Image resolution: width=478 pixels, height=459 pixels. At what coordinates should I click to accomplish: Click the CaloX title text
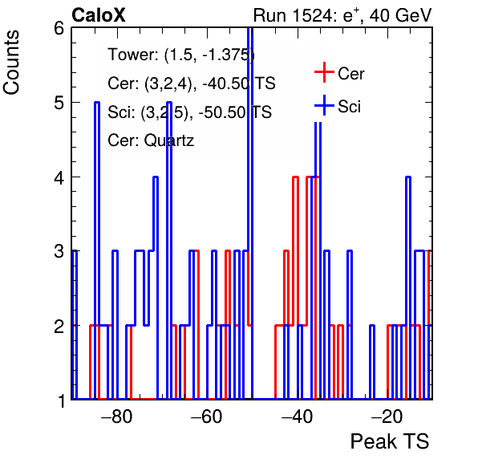[99, 15]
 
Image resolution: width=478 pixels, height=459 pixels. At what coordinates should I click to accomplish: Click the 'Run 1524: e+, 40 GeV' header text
[342, 15]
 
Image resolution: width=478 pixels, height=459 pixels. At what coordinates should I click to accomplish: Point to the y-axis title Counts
[11, 63]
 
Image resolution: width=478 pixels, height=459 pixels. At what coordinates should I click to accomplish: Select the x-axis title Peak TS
[390, 441]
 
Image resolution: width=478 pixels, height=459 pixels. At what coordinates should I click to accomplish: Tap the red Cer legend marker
[324, 72]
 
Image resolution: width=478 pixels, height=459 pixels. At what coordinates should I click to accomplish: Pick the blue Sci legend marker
[324, 105]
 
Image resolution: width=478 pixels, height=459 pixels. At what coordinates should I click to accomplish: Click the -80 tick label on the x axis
[117, 416]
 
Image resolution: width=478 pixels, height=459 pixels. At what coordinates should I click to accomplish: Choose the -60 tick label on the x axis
[207, 416]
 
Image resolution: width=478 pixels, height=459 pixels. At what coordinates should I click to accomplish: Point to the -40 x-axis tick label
[297, 416]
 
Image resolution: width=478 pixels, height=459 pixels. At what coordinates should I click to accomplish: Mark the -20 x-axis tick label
[387, 416]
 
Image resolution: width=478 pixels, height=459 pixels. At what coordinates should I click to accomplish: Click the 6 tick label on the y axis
[59, 29]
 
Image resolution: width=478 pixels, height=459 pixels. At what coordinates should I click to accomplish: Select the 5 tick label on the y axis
[59, 103]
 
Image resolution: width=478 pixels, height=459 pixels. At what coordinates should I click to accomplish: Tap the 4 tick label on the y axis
[59, 177]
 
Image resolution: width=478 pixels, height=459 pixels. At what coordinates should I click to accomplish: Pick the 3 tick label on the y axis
[59, 251]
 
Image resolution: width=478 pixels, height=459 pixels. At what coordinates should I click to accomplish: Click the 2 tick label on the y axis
[59, 326]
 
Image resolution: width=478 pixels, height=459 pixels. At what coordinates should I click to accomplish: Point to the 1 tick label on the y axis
[61, 400]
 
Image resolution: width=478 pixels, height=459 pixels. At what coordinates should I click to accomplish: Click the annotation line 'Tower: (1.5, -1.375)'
[181, 55]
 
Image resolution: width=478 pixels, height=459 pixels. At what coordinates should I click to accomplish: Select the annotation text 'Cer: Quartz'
[151, 140]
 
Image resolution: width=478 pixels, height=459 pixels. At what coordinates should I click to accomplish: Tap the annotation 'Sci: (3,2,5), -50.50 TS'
[189, 112]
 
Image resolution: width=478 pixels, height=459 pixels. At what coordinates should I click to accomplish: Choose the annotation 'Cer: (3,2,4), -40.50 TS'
[192, 83]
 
